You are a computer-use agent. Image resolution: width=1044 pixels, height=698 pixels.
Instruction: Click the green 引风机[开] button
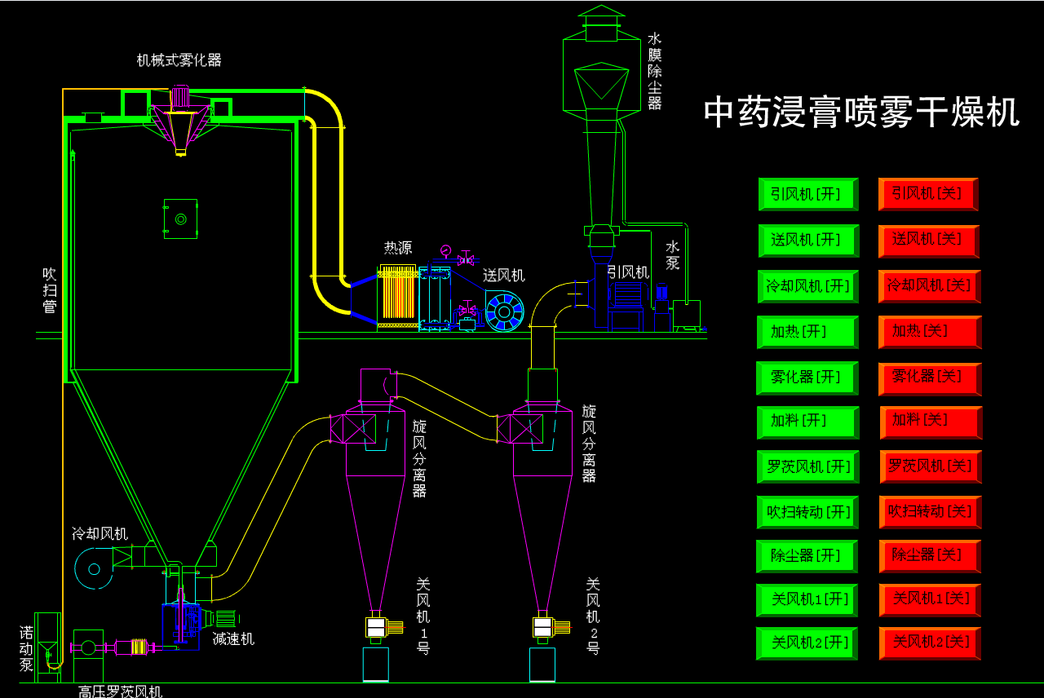(807, 194)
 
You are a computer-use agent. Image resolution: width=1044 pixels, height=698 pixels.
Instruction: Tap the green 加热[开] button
(807, 332)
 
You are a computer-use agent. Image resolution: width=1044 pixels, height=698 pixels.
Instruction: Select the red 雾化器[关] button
(929, 378)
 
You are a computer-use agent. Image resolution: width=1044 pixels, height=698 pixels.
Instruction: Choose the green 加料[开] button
(807, 422)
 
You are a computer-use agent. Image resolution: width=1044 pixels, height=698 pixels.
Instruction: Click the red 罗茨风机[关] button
(930, 466)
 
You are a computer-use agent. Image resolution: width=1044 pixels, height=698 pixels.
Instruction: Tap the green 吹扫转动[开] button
(807, 512)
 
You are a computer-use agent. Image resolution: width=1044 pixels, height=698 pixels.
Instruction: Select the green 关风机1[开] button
(807, 599)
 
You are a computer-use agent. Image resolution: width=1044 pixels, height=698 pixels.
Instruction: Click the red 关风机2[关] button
(930, 643)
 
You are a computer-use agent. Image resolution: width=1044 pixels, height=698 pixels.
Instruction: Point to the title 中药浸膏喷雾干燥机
(861, 113)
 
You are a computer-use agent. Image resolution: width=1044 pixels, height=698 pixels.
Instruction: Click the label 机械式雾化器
(179, 60)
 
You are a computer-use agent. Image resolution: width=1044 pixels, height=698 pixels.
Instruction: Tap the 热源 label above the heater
(398, 248)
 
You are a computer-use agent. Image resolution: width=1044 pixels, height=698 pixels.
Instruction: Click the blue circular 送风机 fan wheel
(504, 311)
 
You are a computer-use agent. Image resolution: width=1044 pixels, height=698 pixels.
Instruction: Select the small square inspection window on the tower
(180, 219)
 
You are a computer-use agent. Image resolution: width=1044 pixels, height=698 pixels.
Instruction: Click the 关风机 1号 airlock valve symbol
(376, 627)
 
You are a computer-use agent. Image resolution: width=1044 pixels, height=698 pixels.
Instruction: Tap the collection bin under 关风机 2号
(542, 665)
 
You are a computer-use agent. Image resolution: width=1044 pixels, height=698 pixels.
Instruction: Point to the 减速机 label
(233, 639)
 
